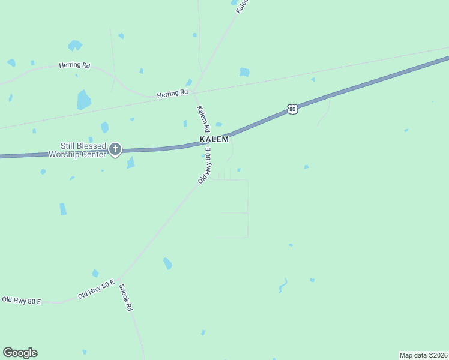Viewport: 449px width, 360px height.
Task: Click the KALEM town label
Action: [214, 139]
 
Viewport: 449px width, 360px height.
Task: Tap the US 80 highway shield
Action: [292, 109]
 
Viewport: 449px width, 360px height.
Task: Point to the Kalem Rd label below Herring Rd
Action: [203, 119]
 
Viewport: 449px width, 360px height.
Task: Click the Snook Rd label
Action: [125, 297]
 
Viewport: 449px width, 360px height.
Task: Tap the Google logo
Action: [20, 353]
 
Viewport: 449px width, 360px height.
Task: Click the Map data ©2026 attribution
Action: [423, 355]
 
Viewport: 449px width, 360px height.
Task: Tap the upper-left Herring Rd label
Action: [74, 65]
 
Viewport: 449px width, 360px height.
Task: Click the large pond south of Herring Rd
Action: [83, 100]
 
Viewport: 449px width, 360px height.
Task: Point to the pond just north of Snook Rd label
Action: [95, 273]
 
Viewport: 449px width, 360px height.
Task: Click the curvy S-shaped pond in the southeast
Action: [283, 285]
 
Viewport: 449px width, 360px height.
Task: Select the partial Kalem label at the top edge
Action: [242, 6]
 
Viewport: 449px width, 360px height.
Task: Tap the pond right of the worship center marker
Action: [130, 163]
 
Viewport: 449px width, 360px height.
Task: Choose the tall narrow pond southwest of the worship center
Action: [63, 209]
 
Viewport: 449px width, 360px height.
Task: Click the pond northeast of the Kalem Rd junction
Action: [244, 72]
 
